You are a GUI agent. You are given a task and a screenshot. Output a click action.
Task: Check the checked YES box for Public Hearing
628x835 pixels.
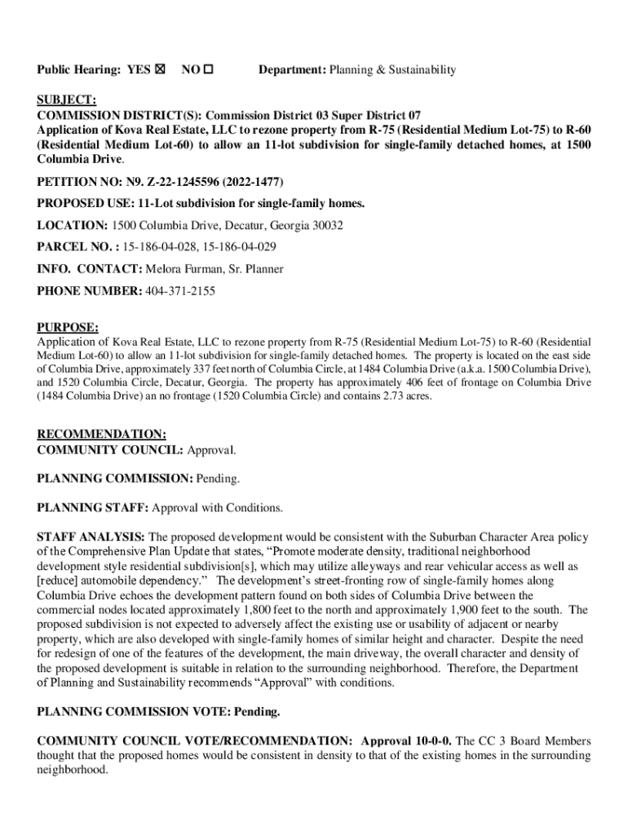pyautogui.click(x=160, y=70)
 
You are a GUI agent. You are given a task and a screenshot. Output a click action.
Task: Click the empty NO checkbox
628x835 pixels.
pyautogui.click(x=208, y=70)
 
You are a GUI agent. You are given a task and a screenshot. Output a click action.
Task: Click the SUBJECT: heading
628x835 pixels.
pyautogui.click(x=67, y=100)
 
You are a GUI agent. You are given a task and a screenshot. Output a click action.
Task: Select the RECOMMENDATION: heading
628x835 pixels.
pyautogui.click(x=102, y=435)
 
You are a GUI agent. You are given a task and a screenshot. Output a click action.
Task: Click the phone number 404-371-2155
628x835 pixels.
pyautogui.click(x=180, y=290)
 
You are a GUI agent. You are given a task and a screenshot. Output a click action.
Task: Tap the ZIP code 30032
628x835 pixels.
pyautogui.click(x=326, y=224)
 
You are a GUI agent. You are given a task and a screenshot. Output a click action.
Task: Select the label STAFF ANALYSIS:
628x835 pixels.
pyautogui.click(x=91, y=537)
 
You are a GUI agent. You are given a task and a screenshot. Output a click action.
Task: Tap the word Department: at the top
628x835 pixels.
pyautogui.click(x=292, y=70)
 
